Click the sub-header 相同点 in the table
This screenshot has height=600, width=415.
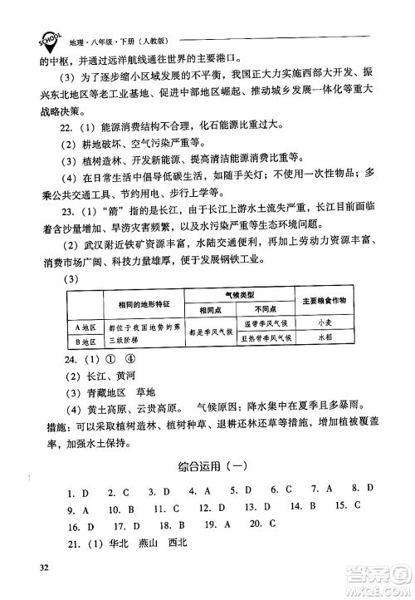point(210,309)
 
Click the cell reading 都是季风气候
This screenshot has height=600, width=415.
point(210,332)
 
